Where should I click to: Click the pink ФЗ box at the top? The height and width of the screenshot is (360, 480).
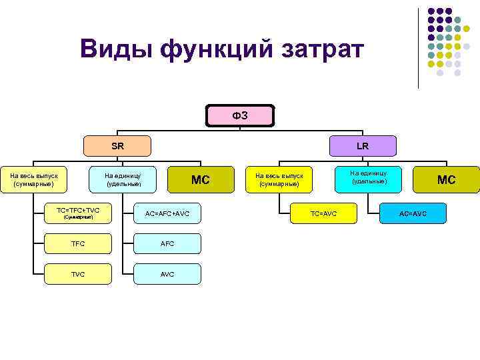(240, 115)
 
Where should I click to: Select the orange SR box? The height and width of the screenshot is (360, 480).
(117, 146)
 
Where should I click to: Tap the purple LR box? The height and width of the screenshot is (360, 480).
(362, 146)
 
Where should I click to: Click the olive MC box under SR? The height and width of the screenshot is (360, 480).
(201, 179)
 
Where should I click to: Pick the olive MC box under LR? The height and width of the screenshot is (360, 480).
(446, 179)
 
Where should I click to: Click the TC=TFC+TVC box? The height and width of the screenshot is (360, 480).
(78, 213)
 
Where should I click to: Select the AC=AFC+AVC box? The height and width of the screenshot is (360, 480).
(167, 213)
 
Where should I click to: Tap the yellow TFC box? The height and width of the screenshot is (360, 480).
(78, 244)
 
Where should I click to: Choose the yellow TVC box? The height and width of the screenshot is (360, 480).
(78, 274)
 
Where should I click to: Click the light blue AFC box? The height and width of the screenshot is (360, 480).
(167, 244)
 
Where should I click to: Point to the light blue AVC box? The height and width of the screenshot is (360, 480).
(167, 274)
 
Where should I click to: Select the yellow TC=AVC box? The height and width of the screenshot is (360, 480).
(324, 213)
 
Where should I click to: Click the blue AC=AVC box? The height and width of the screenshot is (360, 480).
(413, 213)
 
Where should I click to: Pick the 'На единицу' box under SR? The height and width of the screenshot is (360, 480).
(123, 179)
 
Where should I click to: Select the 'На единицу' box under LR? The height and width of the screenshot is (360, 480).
(369, 177)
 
